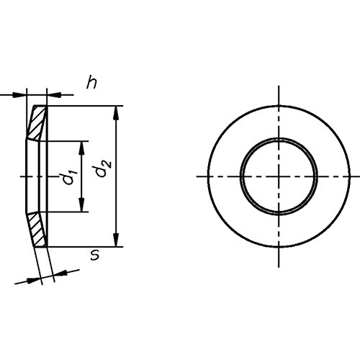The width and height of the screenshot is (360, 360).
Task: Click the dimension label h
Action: click(91, 82)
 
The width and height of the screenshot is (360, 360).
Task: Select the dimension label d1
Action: click(70, 177)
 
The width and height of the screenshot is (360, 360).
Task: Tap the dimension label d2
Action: click(103, 168)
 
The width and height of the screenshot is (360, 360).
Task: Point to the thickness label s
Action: click(95, 255)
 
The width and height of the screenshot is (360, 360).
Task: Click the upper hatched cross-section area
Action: click(37, 122)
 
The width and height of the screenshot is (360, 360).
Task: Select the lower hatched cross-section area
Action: click(37, 230)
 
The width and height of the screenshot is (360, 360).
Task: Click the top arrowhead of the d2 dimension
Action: click(116, 113)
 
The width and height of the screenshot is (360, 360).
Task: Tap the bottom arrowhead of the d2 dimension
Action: click(116, 240)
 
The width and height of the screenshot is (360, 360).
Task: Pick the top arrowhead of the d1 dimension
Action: click(82, 148)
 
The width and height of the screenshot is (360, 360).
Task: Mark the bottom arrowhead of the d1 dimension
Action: click(82, 205)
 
